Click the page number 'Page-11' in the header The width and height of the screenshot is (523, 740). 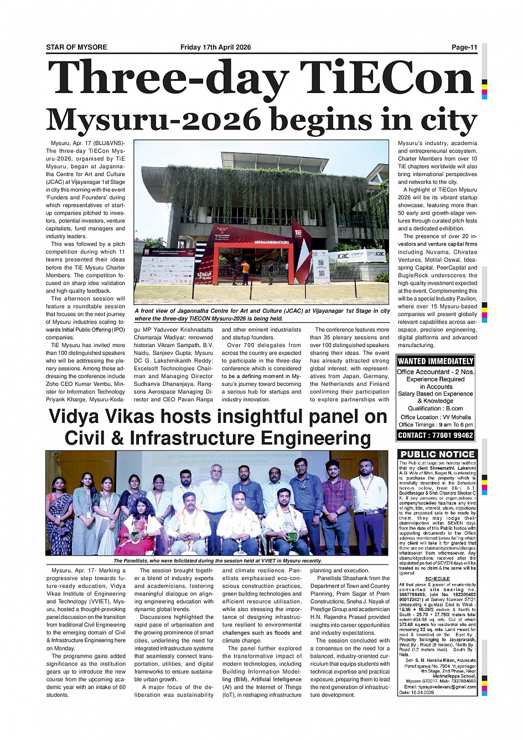pos(464,47)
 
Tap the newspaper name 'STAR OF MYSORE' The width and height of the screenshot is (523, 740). pos(76,47)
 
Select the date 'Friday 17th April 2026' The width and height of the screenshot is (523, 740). pos(215,47)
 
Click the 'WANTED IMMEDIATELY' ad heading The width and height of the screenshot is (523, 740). pos(436,361)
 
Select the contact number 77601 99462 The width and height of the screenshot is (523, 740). pos(450,435)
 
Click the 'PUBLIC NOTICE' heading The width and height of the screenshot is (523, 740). pos(437,454)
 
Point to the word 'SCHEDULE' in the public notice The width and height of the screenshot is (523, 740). pos(437,578)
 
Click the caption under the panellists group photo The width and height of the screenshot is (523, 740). pos(218,561)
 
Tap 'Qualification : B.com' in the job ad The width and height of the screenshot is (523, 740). pos(436,408)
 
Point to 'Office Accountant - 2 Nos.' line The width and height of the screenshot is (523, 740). pos(436,372)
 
